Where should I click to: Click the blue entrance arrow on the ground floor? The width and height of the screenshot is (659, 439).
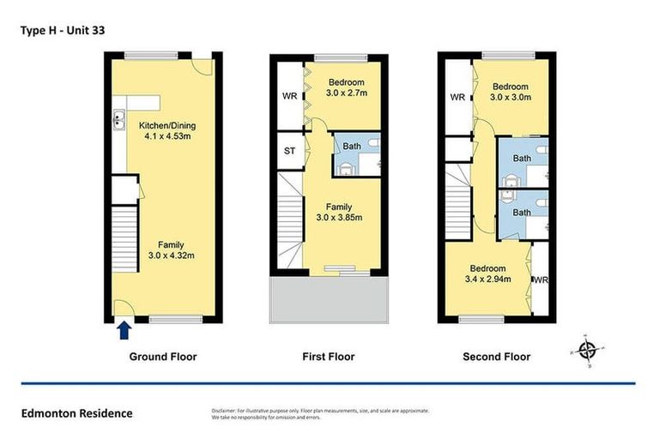click(x=123, y=329)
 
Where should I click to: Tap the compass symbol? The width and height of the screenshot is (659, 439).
click(x=587, y=350)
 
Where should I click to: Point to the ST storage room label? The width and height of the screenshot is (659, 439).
click(x=289, y=152)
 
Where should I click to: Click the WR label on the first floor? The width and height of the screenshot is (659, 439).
click(x=289, y=97)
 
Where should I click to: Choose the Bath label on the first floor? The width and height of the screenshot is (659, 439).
click(x=351, y=146)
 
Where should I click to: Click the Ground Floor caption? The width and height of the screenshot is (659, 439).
click(x=163, y=357)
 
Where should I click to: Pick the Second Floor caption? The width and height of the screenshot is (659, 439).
click(x=496, y=357)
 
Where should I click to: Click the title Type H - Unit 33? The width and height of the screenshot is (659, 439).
click(x=62, y=29)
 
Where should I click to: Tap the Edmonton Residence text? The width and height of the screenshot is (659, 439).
click(x=77, y=413)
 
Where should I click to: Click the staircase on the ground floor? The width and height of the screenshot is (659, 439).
click(x=125, y=240)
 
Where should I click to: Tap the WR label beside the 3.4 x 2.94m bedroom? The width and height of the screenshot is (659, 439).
click(x=541, y=280)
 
